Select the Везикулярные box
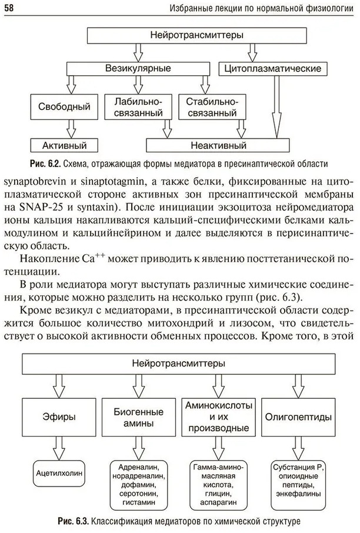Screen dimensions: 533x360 [138, 69]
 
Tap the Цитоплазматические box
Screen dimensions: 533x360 [273, 69]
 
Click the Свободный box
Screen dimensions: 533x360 [64, 107]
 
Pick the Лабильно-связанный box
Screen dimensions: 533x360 [133, 107]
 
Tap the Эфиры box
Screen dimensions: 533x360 [58, 417]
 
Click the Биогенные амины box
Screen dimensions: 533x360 [139, 417]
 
